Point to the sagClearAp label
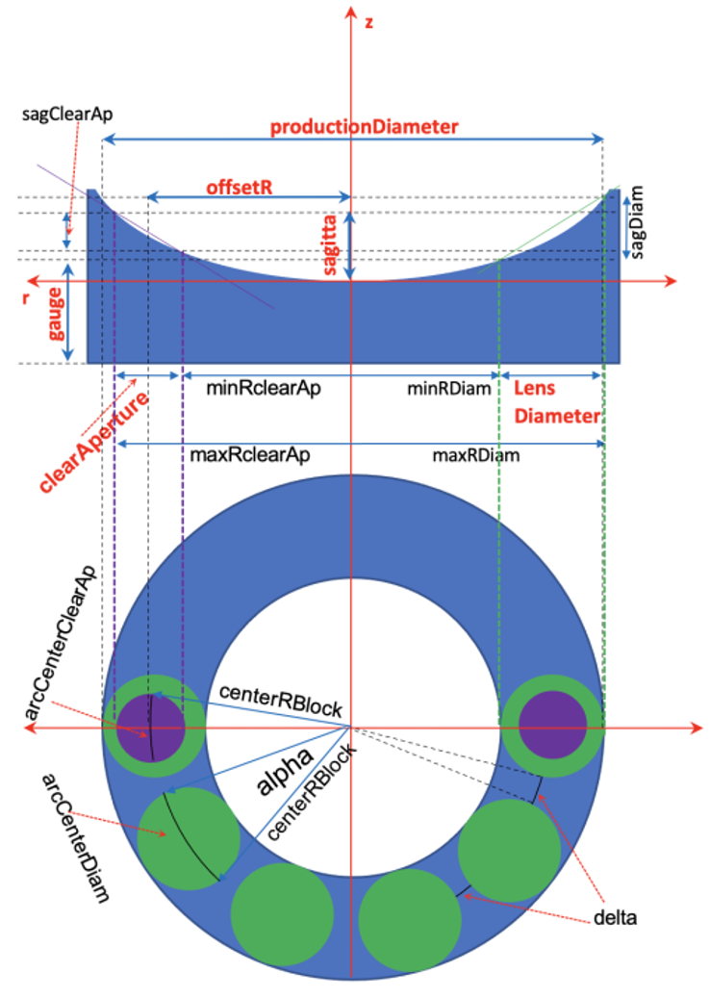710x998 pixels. pyautogui.click(x=67, y=114)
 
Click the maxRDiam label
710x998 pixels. pyautogui.click(x=477, y=455)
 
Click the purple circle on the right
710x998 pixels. pyautogui.click(x=552, y=725)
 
